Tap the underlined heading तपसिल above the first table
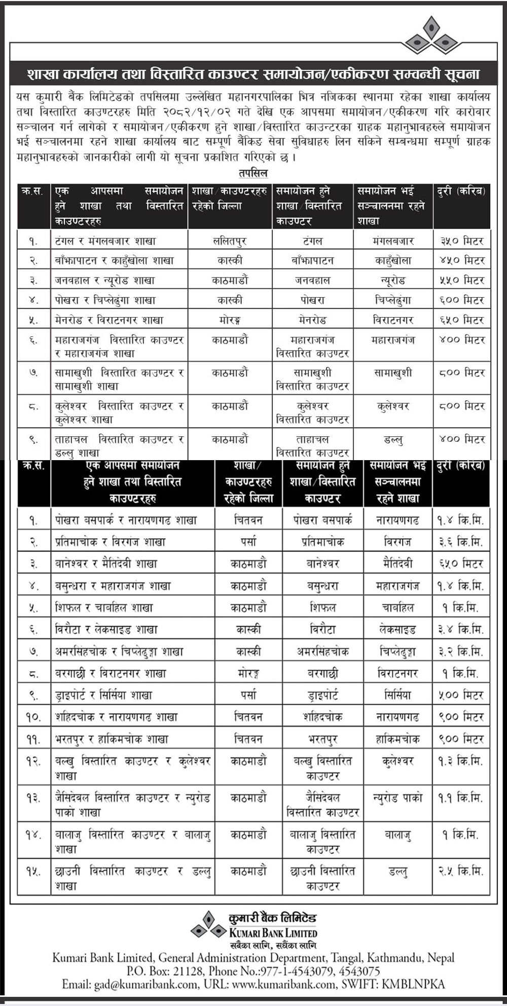click(253, 174)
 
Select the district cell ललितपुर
click(230, 241)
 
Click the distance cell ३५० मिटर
click(462, 241)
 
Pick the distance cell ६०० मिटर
click(462, 300)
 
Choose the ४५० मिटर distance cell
click(462, 261)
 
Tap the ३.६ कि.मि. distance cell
click(461, 542)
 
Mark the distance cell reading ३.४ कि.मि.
click(461, 630)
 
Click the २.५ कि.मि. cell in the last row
click(461, 871)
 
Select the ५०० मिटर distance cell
click(461, 695)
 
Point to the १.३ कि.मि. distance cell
click(461, 761)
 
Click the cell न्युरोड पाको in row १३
click(397, 798)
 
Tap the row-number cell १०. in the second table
click(33, 717)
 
